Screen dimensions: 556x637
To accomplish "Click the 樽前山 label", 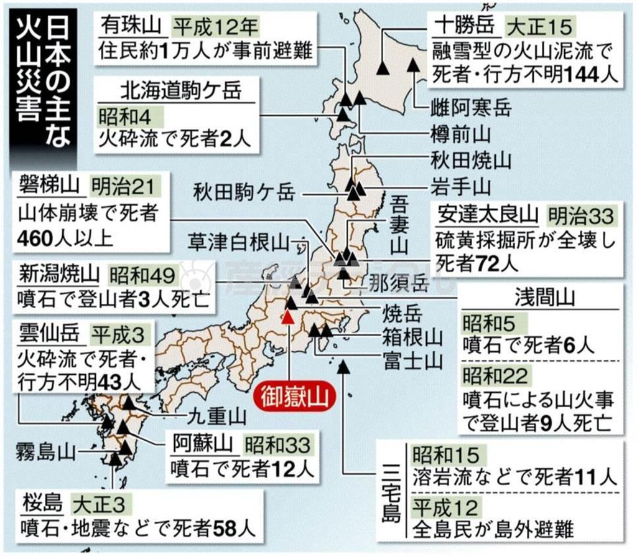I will click(461, 133).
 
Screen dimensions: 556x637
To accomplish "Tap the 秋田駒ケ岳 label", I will click(243, 191).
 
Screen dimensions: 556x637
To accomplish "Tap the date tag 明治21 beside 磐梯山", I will click(122, 185).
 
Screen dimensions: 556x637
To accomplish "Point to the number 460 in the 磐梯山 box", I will click(39, 238).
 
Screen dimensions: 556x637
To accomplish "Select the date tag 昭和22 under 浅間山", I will click(495, 375).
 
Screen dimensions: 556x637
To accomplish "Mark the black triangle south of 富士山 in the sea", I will click(343, 367).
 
